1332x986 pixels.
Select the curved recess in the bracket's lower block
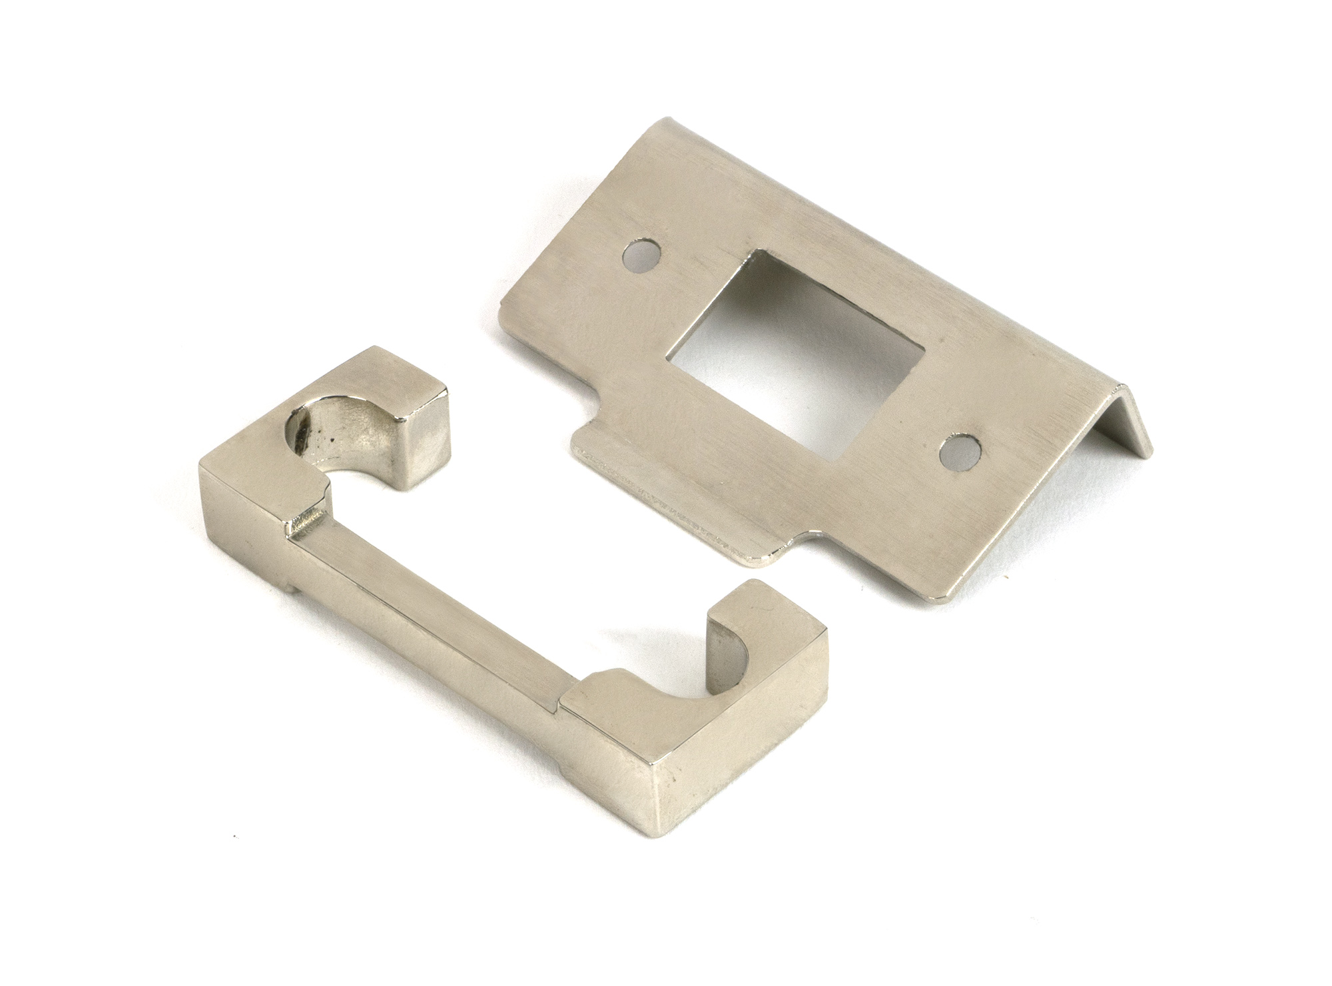coord(693,686)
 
